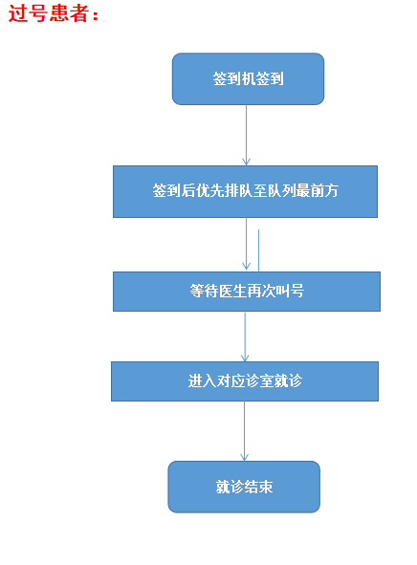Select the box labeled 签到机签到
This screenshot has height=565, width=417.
248,79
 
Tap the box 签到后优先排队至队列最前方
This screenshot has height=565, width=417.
245,191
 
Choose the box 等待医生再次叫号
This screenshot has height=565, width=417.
247,292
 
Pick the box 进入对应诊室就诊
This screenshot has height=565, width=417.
245,381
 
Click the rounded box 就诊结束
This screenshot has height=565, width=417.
244,487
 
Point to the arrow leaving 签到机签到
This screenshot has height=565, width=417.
247,135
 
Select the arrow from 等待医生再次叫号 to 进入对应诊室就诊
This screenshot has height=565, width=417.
245,337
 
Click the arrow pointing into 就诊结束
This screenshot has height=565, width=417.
244,431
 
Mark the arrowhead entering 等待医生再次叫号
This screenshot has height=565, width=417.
247,267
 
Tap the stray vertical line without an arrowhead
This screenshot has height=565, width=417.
258,250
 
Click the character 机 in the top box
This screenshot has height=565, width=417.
249,78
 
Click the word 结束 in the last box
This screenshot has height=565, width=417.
258,487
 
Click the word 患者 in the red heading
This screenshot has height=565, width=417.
69,13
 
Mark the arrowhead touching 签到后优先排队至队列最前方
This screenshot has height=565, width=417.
247,161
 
